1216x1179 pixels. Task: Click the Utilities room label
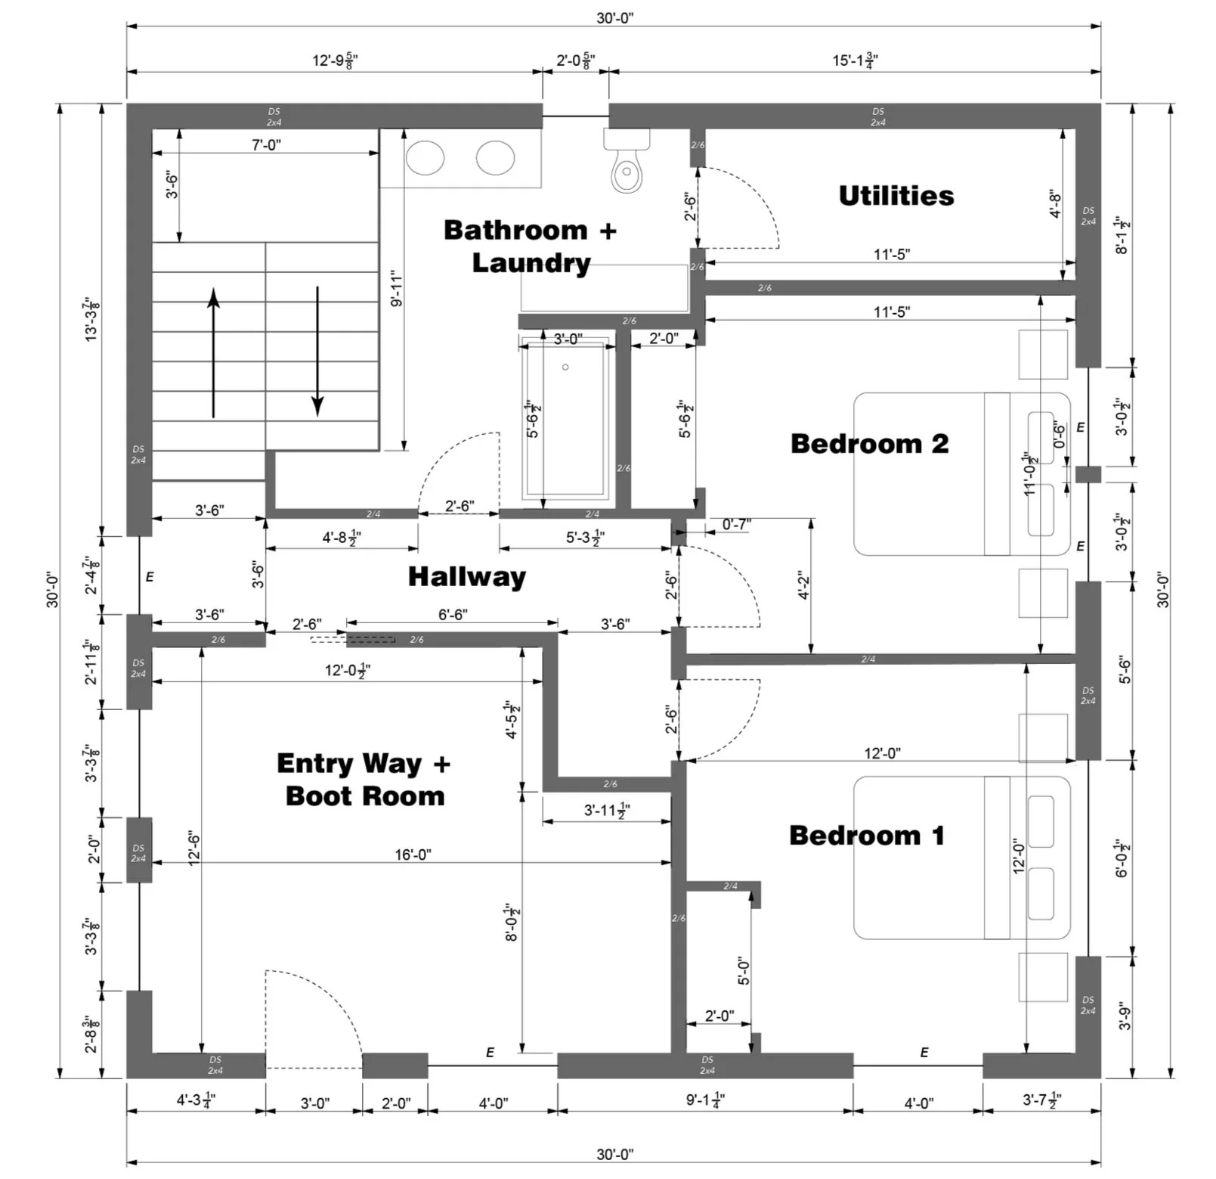pyautogui.click(x=896, y=196)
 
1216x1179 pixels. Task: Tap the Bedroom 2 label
pyautogui.click(x=869, y=443)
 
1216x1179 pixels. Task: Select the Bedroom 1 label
pyautogui.click(x=867, y=835)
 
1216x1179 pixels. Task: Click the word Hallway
pyautogui.click(x=467, y=577)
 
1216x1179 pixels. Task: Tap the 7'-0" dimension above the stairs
pyautogui.click(x=266, y=144)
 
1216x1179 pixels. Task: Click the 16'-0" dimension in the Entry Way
pyautogui.click(x=413, y=855)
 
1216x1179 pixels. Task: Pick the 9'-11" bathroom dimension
pyautogui.click(x=397, y=290)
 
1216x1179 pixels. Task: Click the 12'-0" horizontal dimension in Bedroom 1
pyautogui.click(x=882, y=753)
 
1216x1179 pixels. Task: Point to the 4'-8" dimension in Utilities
pyautogui.click(x=1056, y=204)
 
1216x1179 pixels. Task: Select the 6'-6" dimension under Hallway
pyautogui.click(x=453, y=615)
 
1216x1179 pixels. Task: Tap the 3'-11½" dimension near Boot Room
pyautogui.click(x=607, y=811)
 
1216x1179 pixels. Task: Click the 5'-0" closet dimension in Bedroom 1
pyautogui.click(x=744, y=971)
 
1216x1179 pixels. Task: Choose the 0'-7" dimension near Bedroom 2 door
pyautogui.click(x=736, y=524)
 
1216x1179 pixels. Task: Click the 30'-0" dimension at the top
pyautogui.click(x=614, y=18)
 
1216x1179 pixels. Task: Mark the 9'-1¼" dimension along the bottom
pyautogui.click(x=705, y=1100)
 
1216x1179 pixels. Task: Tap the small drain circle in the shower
pyautogui.click(x=565, y=368)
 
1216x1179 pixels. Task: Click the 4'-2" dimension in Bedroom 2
pyautogui.click(x=803, y=585)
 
